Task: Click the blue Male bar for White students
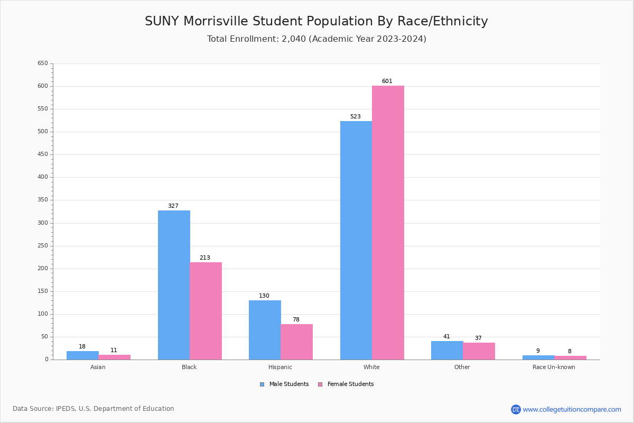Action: (356, 241)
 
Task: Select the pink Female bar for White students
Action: (388, 223)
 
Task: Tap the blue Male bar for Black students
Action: (174, 285)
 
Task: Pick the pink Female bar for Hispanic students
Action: (296, 342)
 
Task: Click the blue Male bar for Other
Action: (447, 350)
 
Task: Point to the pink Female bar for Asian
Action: (114, 357)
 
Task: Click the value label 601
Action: (387, 81)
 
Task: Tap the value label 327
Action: (173, 206)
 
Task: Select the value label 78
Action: (296, 320)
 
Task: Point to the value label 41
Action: (446, 337)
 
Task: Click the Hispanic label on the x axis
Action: (280, 367)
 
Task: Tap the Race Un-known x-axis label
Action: (554, 367)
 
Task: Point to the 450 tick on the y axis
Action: (42, 154)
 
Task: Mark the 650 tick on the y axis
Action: (42, 63)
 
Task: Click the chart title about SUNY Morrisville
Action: (316, 22)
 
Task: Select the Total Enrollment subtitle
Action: (316, 39)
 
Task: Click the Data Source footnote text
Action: (94, 409)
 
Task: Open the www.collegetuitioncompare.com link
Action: (572, 409)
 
